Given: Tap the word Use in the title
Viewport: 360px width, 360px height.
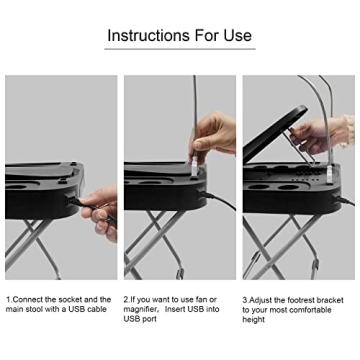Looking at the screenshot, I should tap(235, 35).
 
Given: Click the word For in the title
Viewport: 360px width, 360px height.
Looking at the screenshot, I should tap(201, 35).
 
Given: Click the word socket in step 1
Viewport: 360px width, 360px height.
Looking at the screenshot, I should tap(73, 299).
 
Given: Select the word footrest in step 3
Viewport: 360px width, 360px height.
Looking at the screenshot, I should tap(300, 299).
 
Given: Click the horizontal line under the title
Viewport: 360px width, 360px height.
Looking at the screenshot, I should tap(180, 48).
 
